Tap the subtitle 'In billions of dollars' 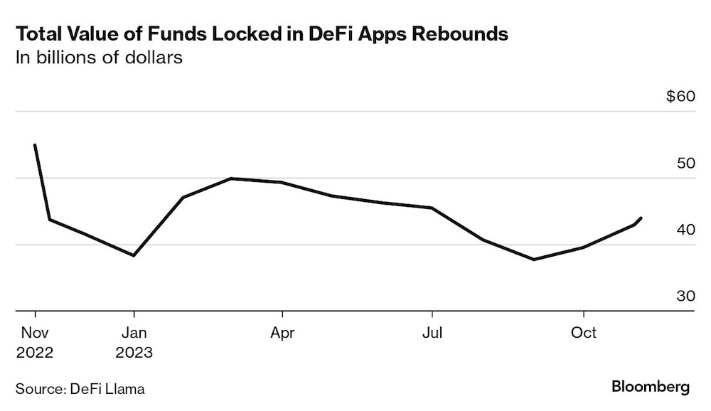[x=100, y=58]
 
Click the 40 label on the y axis [x=685, y=230]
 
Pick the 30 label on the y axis [x=685, y=296]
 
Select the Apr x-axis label [x=282, y=333]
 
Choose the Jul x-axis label [x=432, y=333]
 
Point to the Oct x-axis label [x=584, y=333]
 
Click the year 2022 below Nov [x=34, y=352]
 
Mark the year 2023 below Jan [x=134, y=352]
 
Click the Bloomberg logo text [x=650, y=387]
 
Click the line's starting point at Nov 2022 [x=35, y=145]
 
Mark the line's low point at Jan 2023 [x=134, y=255]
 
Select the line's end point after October [x=641, y=218]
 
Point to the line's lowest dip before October [x=534, y=260]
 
